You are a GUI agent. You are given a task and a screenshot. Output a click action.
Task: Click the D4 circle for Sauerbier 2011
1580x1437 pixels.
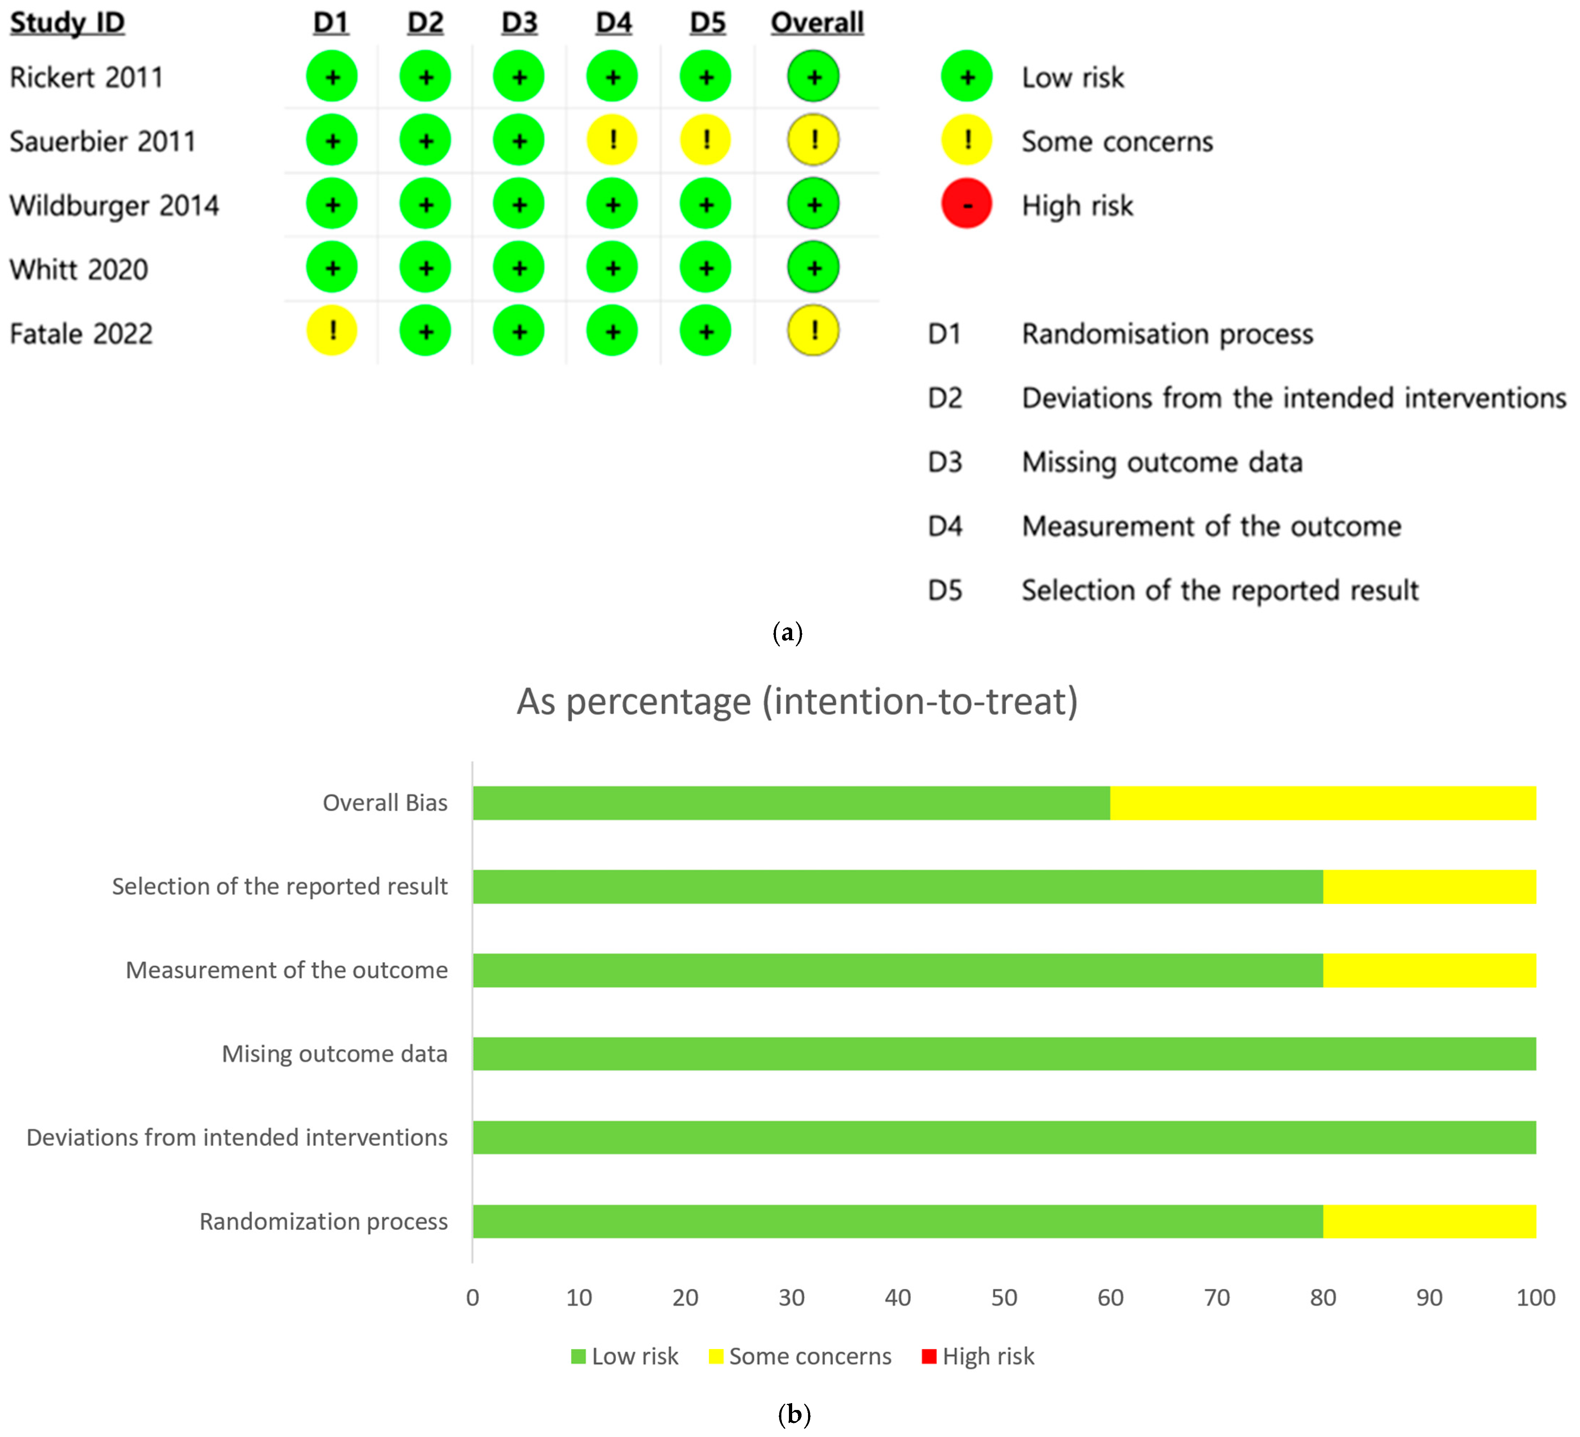(x=612, y=140)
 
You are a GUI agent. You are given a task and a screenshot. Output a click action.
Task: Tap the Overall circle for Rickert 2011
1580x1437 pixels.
(x=813, y=77)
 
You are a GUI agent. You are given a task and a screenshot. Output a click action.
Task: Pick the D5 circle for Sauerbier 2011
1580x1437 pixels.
(x=705, y=140)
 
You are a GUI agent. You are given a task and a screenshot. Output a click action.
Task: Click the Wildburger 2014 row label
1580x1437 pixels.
(x=114, y=205)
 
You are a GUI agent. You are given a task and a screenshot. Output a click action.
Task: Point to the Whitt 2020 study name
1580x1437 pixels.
(x=79, y=270)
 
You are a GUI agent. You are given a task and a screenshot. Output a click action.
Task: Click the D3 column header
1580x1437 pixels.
(x=519, y=23)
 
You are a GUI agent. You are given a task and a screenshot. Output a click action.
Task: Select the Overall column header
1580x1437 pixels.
(x=817, y=23)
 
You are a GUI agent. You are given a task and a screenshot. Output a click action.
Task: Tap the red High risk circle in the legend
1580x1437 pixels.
(x=966, y=205)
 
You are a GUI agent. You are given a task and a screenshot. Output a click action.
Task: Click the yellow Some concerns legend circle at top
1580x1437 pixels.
(x=966, y=140)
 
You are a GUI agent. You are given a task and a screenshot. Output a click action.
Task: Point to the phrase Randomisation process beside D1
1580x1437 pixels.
(x=1167, y=334)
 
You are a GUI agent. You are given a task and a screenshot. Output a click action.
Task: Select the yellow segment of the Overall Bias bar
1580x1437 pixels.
(x=1323, y=803)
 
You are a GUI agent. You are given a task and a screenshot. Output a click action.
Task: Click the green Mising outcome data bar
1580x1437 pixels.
(x=1004, y=1054)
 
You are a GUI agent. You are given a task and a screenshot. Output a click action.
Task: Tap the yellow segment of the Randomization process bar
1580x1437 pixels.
(x=1429, y=1221)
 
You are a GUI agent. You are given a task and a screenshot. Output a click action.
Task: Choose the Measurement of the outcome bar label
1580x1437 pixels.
(x=287, y=970)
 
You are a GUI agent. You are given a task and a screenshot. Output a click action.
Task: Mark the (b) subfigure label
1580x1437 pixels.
(x=794, y=1414)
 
